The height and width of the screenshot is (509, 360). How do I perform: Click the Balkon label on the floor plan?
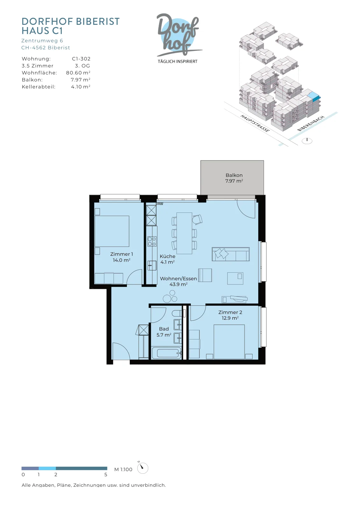coord(234,178)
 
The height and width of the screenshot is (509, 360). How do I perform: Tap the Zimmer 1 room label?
coord(121,257)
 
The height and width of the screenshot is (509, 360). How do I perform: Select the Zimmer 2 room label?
coord(230,315)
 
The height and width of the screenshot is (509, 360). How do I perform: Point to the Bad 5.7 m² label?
coord(164,332)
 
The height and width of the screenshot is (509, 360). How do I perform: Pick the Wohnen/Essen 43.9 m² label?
coord(178,281)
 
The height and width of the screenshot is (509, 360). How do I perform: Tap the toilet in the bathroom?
coord(177,314)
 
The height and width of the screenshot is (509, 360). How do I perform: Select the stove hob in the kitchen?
coord(152,241)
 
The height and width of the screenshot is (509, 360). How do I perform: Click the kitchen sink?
coord(152,265)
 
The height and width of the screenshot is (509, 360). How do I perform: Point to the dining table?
coord(184,233)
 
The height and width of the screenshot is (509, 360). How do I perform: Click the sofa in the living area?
coord(231,254)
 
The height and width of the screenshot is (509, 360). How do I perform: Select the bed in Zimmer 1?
coord(112,231)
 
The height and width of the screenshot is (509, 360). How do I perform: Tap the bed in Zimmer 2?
coord(229,342)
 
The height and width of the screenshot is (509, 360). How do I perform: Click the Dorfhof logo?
coord(178,38)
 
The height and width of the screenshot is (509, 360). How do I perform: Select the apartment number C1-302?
coord(81,59)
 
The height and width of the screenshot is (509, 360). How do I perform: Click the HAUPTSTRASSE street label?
coord(255,123)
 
